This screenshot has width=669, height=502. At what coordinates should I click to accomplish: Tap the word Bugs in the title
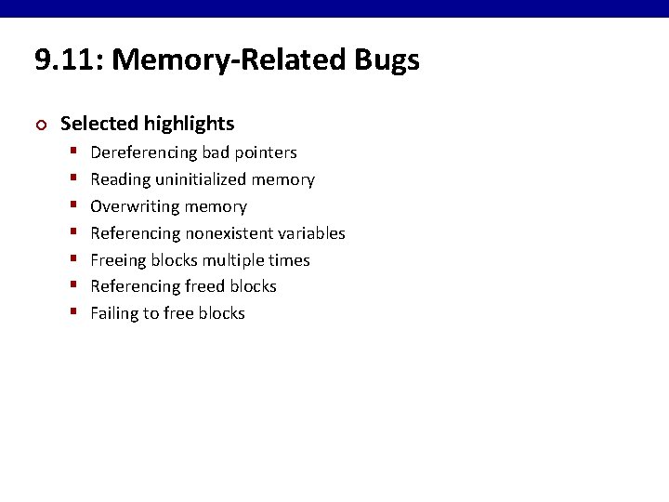click(387, 61)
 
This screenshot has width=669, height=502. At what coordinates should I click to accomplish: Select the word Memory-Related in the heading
click(230, 61)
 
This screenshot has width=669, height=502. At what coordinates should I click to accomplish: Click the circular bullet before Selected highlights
click(39, 125)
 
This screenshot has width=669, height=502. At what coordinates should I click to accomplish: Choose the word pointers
click(265, 152)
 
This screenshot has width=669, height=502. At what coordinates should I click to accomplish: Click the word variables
click(312, 233)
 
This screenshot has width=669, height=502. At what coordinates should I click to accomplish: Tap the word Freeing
click(120, 260)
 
